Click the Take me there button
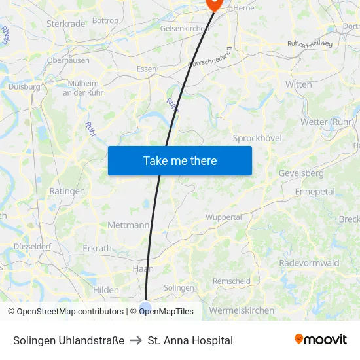179,160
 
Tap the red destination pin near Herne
214,4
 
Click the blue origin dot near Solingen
145,307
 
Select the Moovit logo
320,340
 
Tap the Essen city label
147,69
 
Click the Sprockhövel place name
257,138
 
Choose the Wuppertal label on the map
224,217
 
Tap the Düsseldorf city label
32,247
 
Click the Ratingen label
67,191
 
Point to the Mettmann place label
128,225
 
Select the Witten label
298,84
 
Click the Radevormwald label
309,263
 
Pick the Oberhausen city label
68,60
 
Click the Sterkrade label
65,24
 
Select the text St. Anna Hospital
190,340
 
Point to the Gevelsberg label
301,173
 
